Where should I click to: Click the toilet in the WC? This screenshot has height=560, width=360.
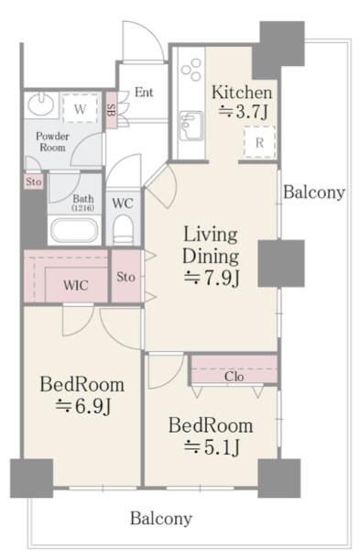pos(123,230)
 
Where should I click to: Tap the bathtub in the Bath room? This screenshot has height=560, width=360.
pos(74,230)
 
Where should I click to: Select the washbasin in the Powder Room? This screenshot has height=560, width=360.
pos(41,104)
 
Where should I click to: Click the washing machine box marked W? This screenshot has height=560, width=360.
pos(80,108)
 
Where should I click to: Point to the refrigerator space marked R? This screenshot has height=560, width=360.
pos(260,142)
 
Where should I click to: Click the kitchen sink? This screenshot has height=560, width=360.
pos(191,126)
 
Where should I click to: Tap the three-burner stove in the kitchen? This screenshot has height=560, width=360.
pos(191,70)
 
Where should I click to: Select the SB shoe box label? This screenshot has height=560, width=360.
pos(111,110)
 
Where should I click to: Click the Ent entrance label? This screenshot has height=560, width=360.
pos(144,93)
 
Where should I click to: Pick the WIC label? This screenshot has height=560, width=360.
pos(76,285)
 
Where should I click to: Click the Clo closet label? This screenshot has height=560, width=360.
pos(235,376)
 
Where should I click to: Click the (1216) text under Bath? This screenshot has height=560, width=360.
pos(83,208)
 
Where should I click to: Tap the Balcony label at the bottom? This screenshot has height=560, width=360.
pos(161,518)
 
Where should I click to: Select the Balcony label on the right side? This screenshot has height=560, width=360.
pos(314,192)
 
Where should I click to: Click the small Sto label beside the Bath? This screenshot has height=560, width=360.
pos(34,181)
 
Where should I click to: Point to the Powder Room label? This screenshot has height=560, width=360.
pos(52,142)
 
